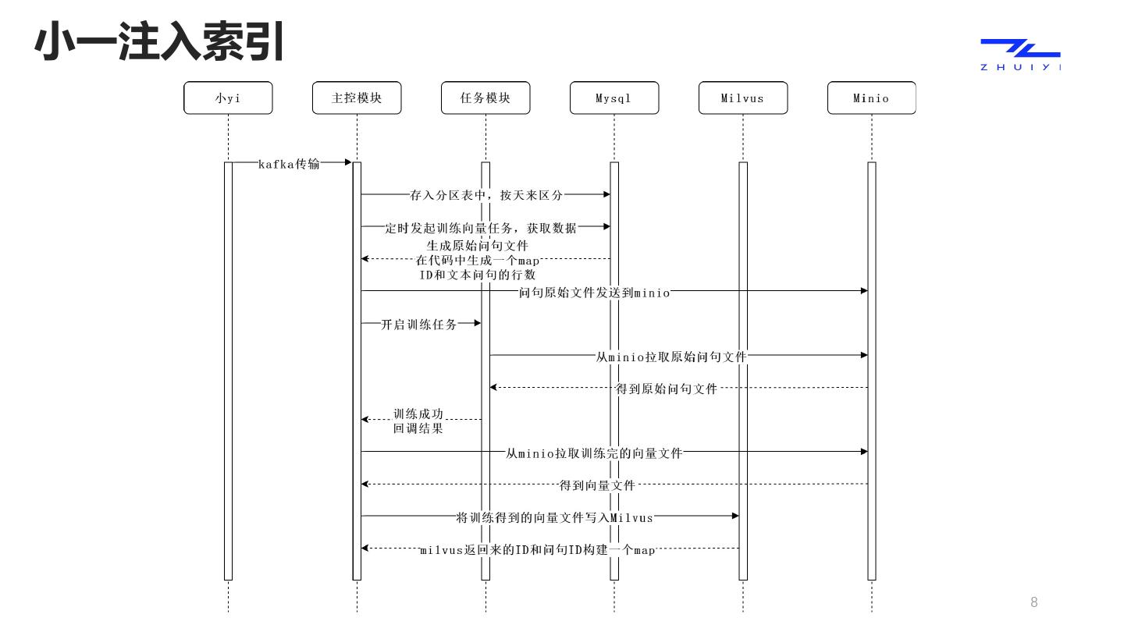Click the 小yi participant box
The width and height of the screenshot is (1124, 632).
pos(228,98)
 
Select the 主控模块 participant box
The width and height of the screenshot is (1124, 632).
pos(357,98)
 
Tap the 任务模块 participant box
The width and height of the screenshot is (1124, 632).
pos(486,98)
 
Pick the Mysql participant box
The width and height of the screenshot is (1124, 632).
pos(614,98)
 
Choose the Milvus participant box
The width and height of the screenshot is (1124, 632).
pos(742,98)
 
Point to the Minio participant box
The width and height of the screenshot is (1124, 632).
pos(871,98)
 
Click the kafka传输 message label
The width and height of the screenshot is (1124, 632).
pos(289,163)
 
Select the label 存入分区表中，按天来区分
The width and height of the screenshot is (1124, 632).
pos(486,195)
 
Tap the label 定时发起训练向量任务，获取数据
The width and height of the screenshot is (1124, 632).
pos(481,228)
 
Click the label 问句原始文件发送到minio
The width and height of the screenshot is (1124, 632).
pos(594,293)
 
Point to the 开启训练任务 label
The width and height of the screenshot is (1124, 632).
pos(419,325)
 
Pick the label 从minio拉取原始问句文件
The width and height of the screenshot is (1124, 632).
pos(671,357)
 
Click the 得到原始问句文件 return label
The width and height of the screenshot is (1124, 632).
pos(667,389)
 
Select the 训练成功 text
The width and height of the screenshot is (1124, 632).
pos(418,414)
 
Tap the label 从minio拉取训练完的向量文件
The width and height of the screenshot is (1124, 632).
pos(594,453)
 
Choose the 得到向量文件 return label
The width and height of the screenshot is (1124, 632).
pos(597,485)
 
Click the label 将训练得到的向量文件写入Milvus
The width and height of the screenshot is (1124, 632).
pos(554,517)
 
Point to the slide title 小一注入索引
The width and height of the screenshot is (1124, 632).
pos(159,41)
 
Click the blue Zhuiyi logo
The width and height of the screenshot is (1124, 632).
pos(1020,53)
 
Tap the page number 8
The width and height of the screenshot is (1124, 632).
pos(1034,602)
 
